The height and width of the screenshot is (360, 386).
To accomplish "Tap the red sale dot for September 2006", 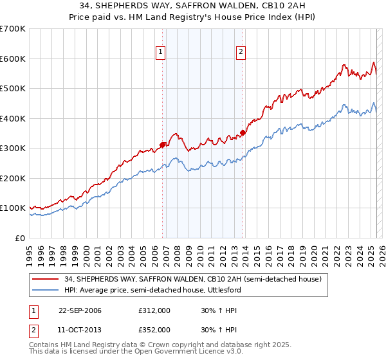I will (x=162, y=145).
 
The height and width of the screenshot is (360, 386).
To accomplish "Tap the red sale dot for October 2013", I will (x=243, y=133).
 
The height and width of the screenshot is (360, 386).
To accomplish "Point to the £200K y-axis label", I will (x=13, y=178).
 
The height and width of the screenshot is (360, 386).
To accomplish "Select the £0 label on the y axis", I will (x=21, y=238).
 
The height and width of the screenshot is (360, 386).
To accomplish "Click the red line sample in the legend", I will (x=46, y=279).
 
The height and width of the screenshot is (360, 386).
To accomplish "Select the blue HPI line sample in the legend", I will (x=46, y=290).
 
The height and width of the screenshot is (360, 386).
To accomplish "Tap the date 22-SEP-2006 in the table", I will (x=80, y=310).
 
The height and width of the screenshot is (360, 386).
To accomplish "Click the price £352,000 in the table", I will (x=154, y=329).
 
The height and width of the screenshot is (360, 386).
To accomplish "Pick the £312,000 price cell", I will (x=154, y=310).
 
